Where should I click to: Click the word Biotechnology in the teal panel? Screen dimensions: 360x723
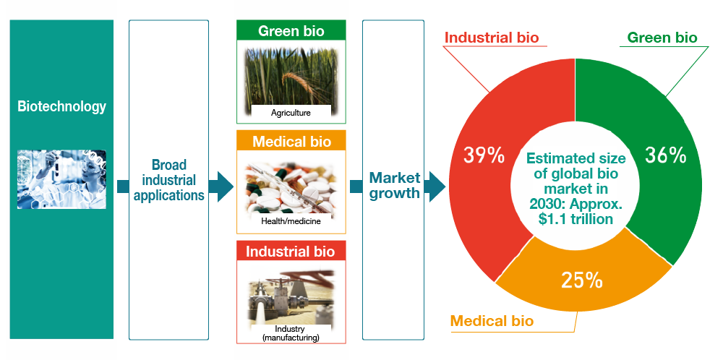[61, 107]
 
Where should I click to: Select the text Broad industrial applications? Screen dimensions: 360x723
[168, 180]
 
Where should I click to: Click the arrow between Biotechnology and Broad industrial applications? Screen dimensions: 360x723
[121, 187]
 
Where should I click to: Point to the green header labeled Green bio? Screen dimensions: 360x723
[291, 31]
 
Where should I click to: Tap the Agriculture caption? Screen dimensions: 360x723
[291, 113]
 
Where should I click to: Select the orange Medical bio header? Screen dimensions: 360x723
[291, 142]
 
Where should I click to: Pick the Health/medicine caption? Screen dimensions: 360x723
[291, 220]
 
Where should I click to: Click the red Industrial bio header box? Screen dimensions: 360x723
[291, 252]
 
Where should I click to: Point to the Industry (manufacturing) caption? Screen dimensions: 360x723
[291, 333]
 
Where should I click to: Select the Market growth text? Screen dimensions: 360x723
[395, 186]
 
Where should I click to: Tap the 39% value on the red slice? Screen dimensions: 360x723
[483, 155]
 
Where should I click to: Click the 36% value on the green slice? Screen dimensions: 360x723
[664, 155]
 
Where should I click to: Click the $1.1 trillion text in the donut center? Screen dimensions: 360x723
[576, 219]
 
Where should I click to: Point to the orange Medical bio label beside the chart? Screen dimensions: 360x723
[492, 320]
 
